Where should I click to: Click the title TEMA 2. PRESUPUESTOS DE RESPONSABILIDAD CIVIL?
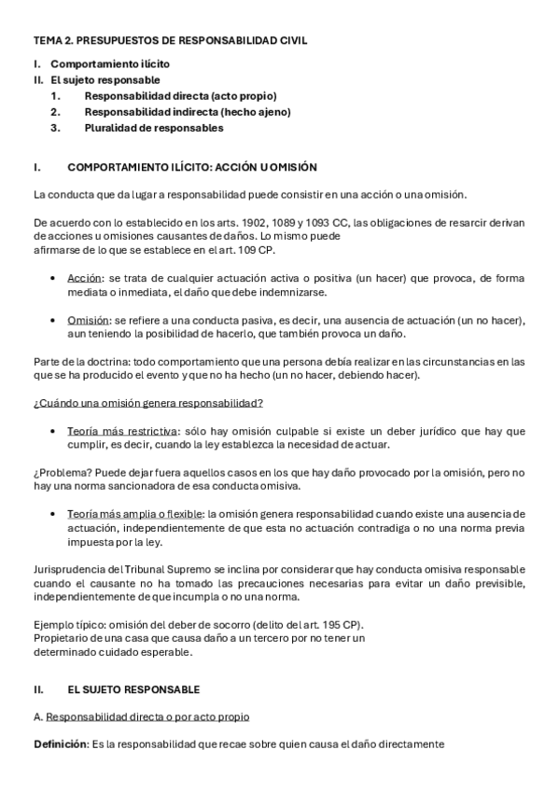coord(170,41)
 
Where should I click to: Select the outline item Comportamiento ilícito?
coord(110,64)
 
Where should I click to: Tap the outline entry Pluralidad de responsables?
coord(154,128)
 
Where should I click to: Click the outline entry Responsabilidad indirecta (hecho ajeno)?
coord(188,112)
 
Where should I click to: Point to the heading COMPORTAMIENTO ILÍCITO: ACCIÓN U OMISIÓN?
coord(192,168)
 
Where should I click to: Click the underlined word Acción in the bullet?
coord(85,278)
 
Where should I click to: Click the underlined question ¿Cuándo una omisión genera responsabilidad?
coord(147,403)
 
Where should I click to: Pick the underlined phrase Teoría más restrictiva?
coord(122,431)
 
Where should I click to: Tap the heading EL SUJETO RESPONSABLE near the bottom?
coord(133,689)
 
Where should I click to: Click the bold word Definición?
coord(60,744)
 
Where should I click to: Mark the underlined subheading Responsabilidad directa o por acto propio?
coord(147,716)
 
